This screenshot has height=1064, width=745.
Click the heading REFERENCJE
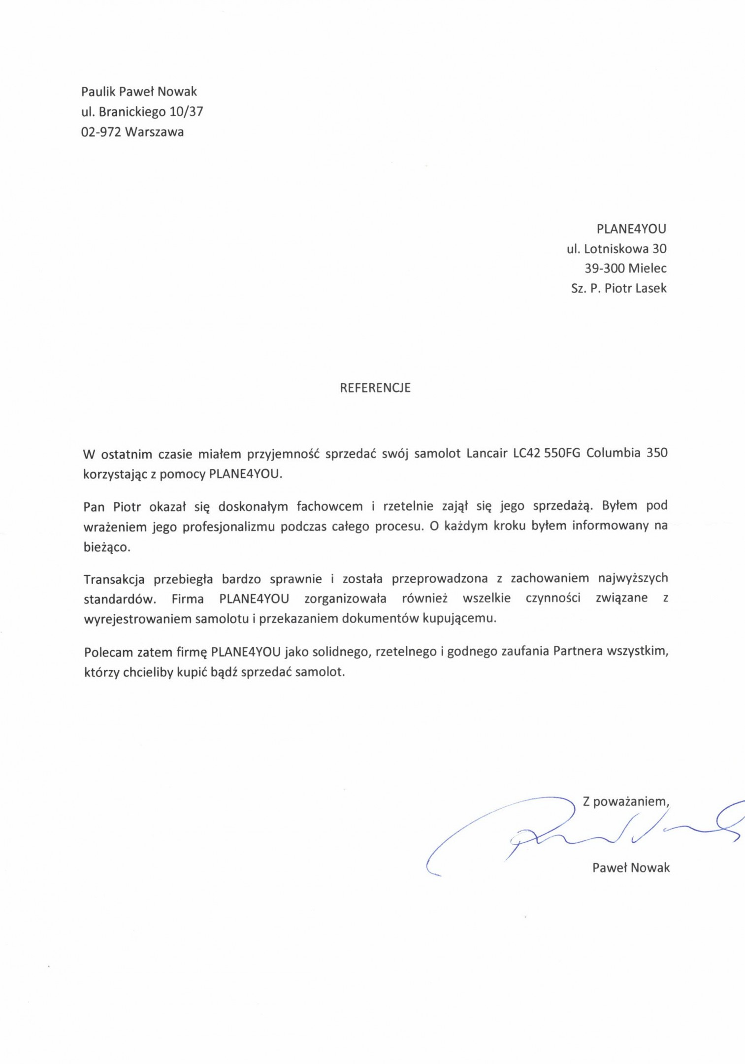point(375,388)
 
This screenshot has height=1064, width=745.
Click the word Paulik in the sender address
point(97,91)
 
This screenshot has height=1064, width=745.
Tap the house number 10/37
point(186,112)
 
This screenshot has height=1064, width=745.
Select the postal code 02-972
point(101,132)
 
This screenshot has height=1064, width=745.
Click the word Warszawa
point(155,132)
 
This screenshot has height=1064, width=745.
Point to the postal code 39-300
point(604,268)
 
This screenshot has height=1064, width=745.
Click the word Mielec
point(648,268)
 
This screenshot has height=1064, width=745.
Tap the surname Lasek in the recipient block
point(650,288)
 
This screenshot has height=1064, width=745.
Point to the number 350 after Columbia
point(657,453)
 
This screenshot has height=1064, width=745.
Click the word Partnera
point(578,652)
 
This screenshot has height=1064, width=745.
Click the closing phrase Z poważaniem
point(626,801)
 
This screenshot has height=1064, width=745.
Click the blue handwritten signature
point(581,832)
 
